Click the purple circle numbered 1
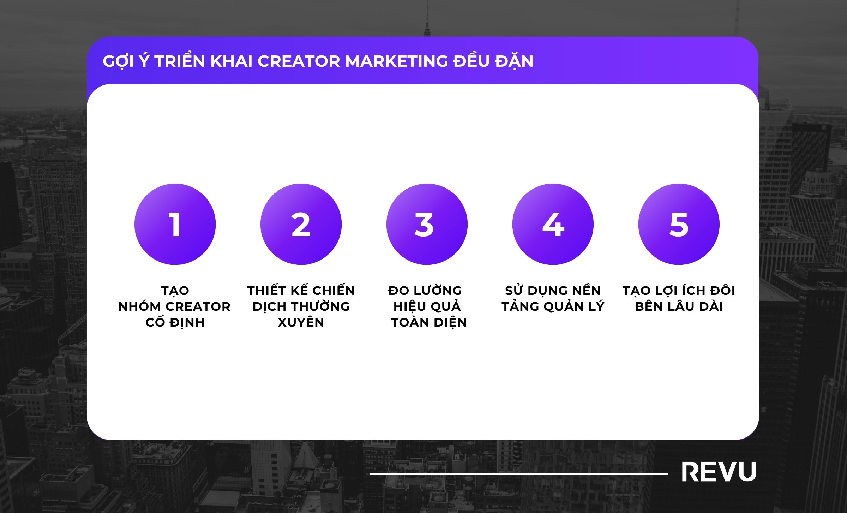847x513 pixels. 175,224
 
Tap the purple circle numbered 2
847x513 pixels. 301,224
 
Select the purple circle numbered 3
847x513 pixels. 427,224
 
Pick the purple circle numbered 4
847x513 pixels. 553,224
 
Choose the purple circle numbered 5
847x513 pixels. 679,224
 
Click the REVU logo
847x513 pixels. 719,472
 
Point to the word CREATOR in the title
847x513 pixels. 299,61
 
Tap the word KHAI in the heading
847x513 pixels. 232,61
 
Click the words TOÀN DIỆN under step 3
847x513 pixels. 429,322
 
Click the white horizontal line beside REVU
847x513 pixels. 519,473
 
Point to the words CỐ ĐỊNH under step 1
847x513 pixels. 175,322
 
